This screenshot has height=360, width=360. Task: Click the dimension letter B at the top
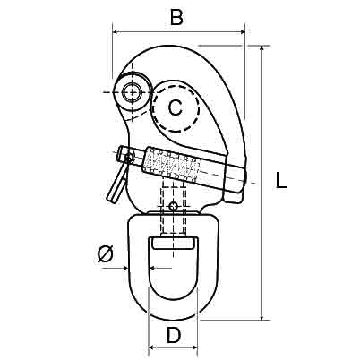point(176,17)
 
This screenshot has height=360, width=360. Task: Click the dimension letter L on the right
point(280,181)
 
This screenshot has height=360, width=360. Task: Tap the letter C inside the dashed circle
point(176,107)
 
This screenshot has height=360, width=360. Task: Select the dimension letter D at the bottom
point(174,335)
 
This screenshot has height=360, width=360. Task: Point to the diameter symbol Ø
point(106,254)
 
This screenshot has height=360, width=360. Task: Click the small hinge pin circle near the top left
point(132,92)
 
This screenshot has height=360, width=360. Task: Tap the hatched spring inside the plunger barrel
point(172,166)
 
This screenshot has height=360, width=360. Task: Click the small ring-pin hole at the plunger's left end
point(129,159)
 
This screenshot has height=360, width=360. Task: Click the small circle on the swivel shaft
point(173,206)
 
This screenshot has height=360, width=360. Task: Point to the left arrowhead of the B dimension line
point(116,31)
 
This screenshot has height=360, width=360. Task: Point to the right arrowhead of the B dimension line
point(241,31)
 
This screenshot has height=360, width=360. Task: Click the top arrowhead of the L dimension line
point(261,50)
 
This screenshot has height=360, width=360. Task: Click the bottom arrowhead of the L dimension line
point(261,316)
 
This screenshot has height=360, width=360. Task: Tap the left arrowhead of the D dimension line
point(152,347)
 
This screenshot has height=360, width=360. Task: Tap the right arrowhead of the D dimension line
point(193,347)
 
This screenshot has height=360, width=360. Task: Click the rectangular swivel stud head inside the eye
point(173,243)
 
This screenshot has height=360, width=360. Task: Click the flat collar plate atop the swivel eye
point(173,212)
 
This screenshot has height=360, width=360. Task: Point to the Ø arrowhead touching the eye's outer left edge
point(124,269)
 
